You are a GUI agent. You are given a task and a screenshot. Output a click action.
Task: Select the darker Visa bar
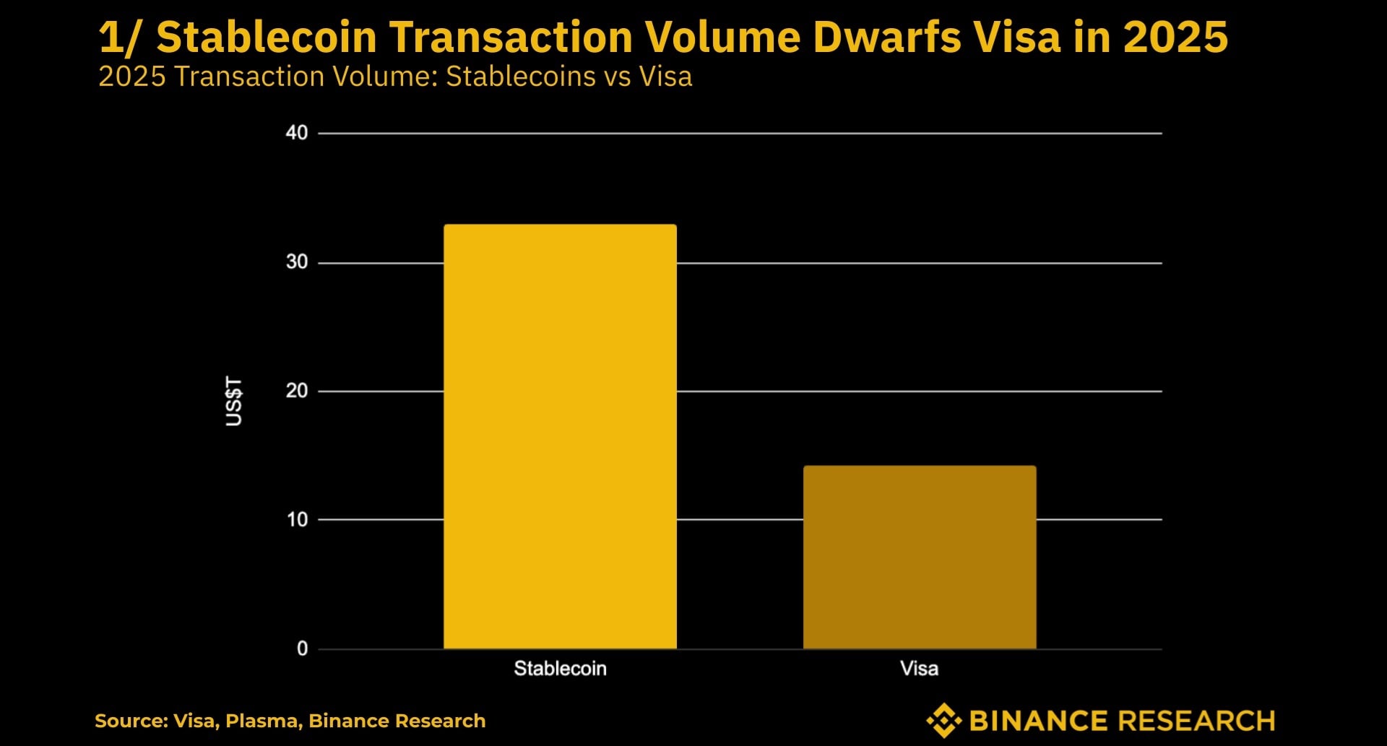click(920, 557)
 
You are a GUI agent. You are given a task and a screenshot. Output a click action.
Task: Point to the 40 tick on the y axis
click(297, 133)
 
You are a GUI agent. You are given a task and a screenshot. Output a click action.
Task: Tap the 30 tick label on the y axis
click(297, 262)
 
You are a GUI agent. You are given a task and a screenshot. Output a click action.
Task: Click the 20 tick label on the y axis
click(297, 391)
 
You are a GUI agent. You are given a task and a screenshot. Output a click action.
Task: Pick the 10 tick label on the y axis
click(297, 519)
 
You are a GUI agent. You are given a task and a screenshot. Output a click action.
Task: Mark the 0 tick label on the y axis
click(302, 649)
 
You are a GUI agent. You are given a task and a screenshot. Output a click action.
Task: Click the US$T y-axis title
click(233, 401)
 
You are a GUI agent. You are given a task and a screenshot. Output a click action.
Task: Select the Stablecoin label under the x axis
click(560, 669)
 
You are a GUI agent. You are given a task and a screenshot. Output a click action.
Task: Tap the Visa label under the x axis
click(919, 669)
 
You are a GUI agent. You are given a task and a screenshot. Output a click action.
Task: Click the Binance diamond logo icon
click(943, 721)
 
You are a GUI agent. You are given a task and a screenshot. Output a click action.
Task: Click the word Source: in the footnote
click(131, 721)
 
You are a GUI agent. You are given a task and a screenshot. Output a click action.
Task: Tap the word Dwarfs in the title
click(886, 38)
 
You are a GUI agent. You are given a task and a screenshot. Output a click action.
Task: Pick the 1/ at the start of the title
click(118, 38)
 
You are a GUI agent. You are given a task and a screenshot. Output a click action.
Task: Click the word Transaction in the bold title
click(511, 38)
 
